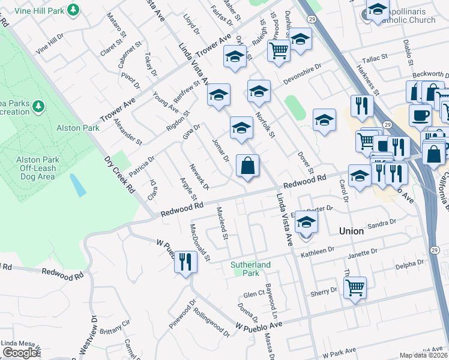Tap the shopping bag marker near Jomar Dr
coord(248,165)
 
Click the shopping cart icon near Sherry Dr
coord(355,289)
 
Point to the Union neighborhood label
coord(351,231)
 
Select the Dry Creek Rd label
coord(119,175)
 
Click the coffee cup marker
coord(420,115)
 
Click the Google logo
coord(20,353)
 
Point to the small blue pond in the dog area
coord(77,185)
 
